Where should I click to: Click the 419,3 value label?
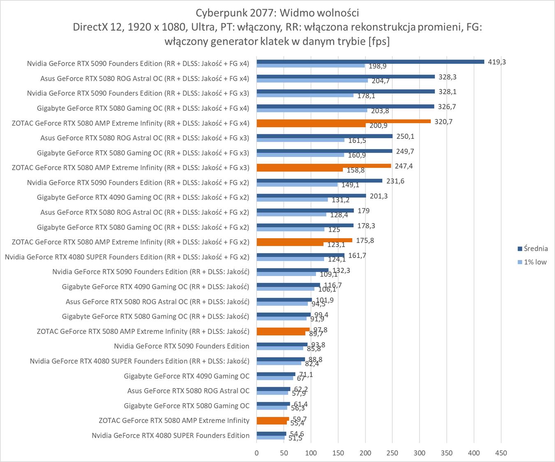click(497, 62)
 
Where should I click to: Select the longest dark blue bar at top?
click(370, 62)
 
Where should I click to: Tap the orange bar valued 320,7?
click(343, 121)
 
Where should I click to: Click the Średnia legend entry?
click(532, 248)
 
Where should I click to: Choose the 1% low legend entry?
click(532, 262)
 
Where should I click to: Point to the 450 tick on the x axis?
click(501, 453)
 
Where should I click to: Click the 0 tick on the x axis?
click(257, 453)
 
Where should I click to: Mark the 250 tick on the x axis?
click(392, 453)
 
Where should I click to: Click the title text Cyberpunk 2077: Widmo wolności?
click(277, 12)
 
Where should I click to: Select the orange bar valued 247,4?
click(324, 166)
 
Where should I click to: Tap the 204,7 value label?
click(380, 81)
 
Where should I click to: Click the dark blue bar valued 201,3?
click(311, 195)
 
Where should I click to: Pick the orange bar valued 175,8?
click(304, 240)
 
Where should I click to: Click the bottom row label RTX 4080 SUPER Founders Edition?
click(171, 435)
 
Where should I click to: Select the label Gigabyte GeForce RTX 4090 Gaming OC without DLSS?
click(187, 376)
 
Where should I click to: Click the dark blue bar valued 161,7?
click(300, 255)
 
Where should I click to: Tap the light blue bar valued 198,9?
click(310, 66)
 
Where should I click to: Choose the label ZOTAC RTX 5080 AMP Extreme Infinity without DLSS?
click(174, 421)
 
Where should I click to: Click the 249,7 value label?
click(405, 152)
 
